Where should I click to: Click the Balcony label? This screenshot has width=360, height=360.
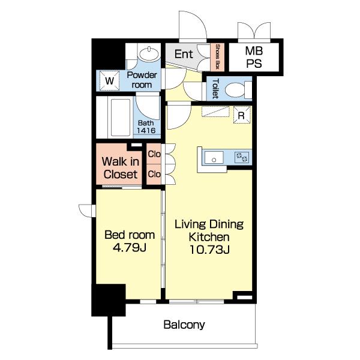coord(184,325)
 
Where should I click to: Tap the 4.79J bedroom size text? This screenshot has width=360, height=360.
coord(130,247)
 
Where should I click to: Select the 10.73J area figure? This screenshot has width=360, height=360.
coord(209,250)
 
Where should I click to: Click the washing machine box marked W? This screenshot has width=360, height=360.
coord(109,80)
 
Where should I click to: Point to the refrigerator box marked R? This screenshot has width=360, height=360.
coord(242,115)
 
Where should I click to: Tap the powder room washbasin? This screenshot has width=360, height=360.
coord(149,54)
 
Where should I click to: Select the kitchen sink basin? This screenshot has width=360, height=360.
coord(214,157)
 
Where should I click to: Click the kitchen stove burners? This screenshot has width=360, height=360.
coord(242,158)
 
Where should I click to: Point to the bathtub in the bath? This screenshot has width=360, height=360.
coord(120,118)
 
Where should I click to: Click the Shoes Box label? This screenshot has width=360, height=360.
coord(217,57)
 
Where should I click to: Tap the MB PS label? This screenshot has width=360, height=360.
coord(254,57)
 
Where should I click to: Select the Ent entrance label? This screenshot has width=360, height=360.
coord(184,54)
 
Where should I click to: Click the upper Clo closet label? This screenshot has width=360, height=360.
coord(154,154)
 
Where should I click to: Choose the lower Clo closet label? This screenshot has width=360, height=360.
coord(154,174)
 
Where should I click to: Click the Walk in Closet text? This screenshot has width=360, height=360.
coord(121,168)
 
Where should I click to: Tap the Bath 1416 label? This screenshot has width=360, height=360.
coord(146,127)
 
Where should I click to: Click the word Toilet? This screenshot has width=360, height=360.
coord(215,89)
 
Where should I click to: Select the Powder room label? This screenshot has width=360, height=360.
coord(142,80)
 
